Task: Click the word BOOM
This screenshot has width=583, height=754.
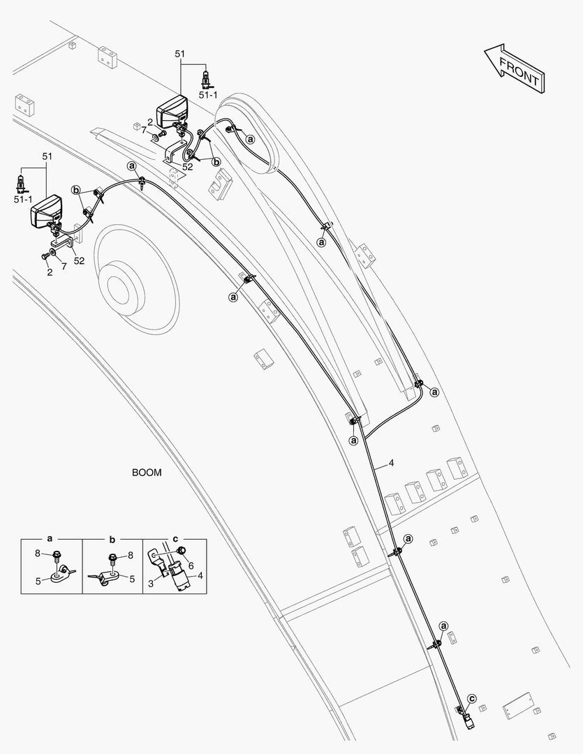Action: tap(147, 472)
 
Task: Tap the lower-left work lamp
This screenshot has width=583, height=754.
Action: tap(47, 211)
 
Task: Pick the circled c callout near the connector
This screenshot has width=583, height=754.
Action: tap(472, 698)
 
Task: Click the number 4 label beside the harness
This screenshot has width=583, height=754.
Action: tap(392, 463)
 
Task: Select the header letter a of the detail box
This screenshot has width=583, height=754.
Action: tap(50, 538)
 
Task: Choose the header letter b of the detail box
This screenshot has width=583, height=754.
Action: tap(112, 538)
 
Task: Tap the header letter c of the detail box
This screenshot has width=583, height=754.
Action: tap(175, 538)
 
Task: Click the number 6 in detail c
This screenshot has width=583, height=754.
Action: tap(191, 566)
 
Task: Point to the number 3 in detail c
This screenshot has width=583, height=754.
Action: tap(151, 583)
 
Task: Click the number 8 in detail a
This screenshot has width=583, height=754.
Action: tap(38, 554)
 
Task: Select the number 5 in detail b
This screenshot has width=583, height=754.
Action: tap(132, 579)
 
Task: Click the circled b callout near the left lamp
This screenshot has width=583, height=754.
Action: tap(75, 190)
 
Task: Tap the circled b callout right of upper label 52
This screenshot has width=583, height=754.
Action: tap(216, 161)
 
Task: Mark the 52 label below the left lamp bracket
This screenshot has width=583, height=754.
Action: tap(79, 260)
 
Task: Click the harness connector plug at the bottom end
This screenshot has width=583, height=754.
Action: tap(469, 720)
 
